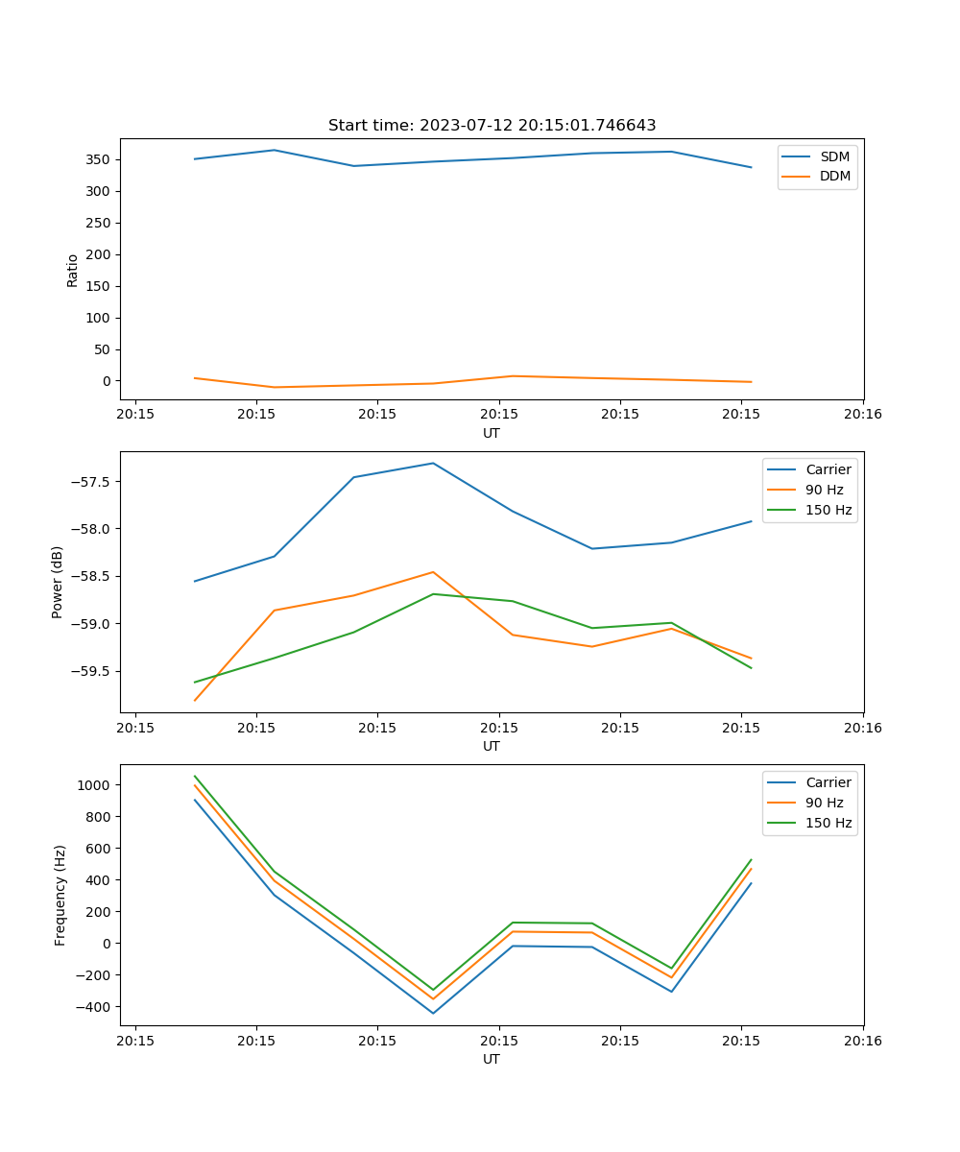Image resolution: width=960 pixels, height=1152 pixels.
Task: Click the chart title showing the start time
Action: pos(492,126)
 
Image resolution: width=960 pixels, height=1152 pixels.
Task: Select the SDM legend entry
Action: pos(834,156)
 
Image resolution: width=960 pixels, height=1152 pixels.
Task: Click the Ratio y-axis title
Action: pos(73,270)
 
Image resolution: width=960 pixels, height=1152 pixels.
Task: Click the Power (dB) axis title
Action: pos(58,582)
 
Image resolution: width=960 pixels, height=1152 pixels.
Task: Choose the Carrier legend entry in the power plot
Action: pos(828,469)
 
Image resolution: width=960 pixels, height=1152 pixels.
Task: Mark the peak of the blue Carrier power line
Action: pos(433,464)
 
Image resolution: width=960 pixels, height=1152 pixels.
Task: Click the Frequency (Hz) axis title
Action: pos(60,895)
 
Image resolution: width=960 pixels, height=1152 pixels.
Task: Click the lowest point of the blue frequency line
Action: pos(433,1013)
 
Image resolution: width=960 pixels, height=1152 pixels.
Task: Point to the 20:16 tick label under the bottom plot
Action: pos(862,1041)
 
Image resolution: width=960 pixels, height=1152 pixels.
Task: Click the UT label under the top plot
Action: pos(492,433)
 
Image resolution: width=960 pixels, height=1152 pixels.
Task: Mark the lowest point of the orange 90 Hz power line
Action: pos(195,701)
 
